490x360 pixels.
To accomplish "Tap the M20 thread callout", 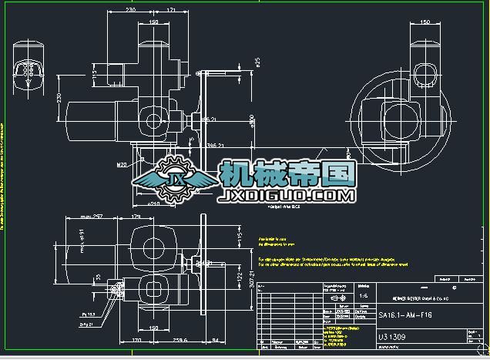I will pyautogui.click(x=122, y=164).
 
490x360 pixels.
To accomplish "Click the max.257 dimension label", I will pyautogui.click(x=91, y=217).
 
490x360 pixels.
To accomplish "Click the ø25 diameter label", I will pyautogui.click(x=258, y=62).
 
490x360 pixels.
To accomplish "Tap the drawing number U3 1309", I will pyautogui.click(x=393, y=337).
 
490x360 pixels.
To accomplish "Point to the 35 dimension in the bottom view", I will pyautogui.click(x=99, y=275).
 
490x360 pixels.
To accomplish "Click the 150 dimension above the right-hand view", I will pyautogui.click(x=425, y=22).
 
